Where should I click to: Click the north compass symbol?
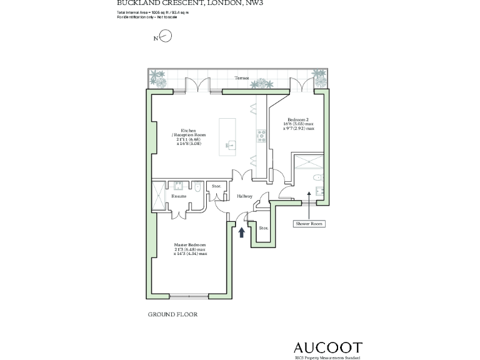point(166,37)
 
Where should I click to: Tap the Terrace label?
point(242,78)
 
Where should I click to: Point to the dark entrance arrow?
point(242,232)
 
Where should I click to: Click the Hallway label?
point(244,196)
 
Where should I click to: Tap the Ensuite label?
point(179,196)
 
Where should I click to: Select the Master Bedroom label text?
point(190,244)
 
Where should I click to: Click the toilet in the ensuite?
point(197,186)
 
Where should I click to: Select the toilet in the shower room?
point(319,177)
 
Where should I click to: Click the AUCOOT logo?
point(327,347)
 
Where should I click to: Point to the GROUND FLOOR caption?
point(172,314)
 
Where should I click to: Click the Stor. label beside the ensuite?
point(216,186)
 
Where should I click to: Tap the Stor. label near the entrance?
point(263,228)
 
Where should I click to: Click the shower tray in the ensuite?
point(159,196)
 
